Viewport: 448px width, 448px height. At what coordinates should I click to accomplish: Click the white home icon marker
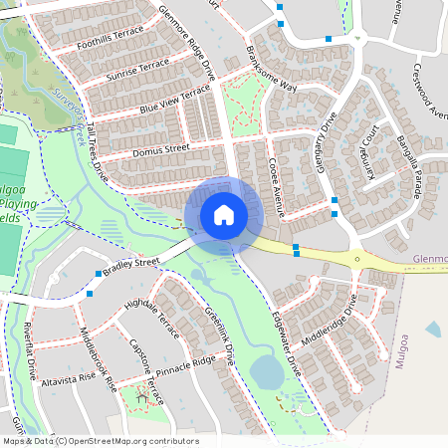pyautogui.click(x=224, y=214)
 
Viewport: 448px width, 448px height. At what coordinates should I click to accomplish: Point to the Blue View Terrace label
pyautogui.click(x=175, y=97)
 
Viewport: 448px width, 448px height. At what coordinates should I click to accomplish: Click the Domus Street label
pyautogui.click(x=160, y=150)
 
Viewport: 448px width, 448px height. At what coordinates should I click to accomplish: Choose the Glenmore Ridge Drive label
pyautogui.click(x=186, y=41)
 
